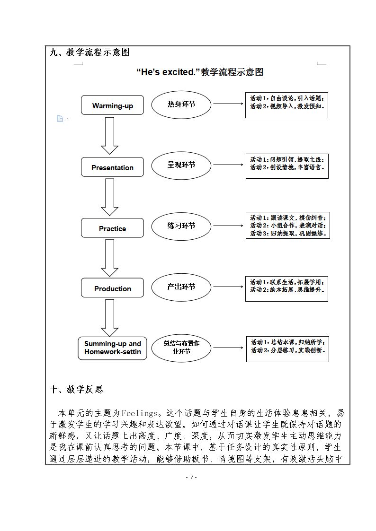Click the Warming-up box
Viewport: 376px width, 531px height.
click(112, 105)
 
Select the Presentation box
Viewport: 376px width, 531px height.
click(112, 167)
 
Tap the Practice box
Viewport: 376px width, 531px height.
click(112, 228)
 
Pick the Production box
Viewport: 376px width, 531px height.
click(112, 288)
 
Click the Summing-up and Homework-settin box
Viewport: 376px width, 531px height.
click(112, 348)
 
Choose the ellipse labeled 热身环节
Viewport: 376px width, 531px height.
click(181, 104)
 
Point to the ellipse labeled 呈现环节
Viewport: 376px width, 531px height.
click(181, 165)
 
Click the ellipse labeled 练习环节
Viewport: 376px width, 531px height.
click(181, 226)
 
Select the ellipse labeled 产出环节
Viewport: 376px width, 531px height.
click(181, 287)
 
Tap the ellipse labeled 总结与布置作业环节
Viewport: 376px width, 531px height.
click(181, 348)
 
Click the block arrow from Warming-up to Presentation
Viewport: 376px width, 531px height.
click(109, 136)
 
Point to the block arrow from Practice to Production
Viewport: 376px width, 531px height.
click(109, 258)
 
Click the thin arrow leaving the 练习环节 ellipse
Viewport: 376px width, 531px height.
click(228, 226)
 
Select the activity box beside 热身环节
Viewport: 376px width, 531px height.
click(286, 105)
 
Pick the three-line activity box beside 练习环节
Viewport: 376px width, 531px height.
click(287, 225)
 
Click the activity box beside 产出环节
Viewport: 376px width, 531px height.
click(286, 288)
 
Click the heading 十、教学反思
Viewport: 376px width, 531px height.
click(76, 390)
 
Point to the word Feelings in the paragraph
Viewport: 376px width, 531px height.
click(140, 413)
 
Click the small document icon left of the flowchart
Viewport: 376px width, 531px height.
click(60, 119)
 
